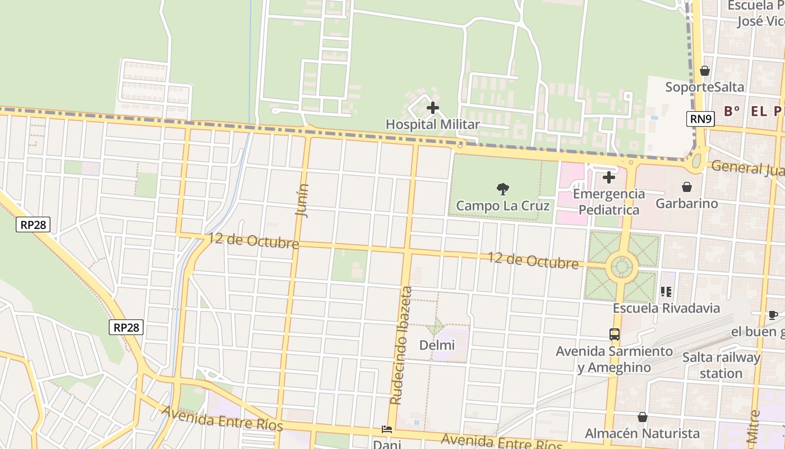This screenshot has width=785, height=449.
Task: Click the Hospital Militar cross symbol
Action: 432,107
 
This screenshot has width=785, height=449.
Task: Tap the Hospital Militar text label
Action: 432,125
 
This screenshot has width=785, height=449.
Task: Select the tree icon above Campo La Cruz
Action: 502,189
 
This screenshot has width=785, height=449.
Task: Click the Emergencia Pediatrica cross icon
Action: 608,178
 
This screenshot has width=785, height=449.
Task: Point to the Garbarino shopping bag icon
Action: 686,187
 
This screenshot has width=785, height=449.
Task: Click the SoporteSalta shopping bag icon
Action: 704,71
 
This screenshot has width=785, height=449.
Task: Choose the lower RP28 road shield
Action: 127,328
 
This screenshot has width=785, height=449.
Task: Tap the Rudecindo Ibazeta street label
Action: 401,345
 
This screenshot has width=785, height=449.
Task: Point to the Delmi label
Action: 437,345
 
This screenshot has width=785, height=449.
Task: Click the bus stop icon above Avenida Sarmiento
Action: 614,335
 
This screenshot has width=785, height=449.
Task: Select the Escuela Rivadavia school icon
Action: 666,291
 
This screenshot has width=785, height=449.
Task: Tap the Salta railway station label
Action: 721,365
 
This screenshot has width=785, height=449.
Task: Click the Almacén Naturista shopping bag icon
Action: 642,417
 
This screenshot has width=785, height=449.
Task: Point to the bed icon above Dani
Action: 386,429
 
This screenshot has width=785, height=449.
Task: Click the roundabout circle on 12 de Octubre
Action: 621,267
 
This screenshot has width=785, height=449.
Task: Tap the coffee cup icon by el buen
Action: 773,315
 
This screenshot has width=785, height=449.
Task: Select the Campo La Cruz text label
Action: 502,206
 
